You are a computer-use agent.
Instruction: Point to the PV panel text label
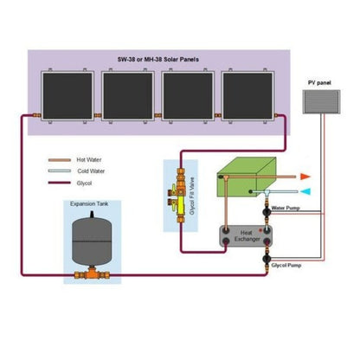pos(318,83)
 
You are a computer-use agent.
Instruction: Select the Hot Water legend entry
pos(92,161)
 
